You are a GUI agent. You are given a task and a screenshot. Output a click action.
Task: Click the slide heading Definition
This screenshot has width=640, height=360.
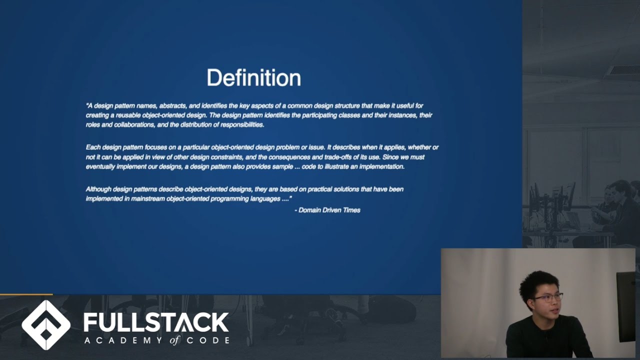pyautogui.click(x=253, y=78)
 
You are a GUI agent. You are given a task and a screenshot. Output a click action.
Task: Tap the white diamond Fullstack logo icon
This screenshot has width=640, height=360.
pyautogui.click(x=46, y=325)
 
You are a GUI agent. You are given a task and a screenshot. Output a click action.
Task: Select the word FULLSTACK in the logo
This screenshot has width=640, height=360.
pyautogui.click(x=156, y=322)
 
